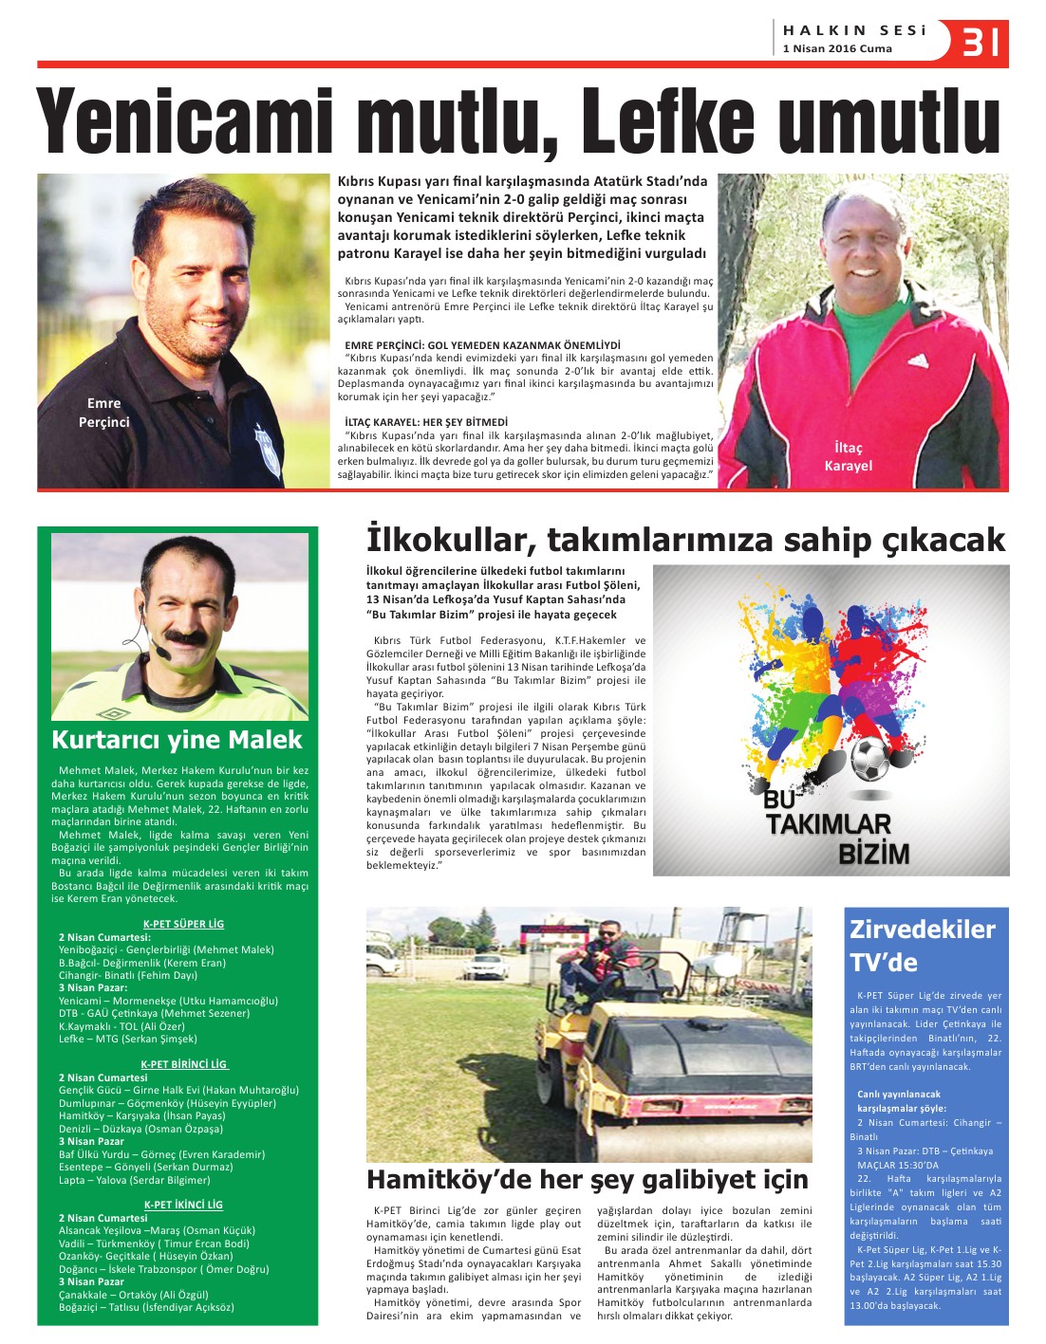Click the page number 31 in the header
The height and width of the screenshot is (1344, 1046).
pos(981,42)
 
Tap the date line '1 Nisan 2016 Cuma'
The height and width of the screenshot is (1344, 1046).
pos(837,49)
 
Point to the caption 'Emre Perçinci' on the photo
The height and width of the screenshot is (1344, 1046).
pos(103,413)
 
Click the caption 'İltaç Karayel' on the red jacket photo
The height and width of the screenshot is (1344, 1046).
pos(848,456)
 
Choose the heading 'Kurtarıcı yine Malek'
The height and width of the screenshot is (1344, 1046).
pos(177,740)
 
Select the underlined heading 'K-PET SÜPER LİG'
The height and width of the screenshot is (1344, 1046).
pos(183,924)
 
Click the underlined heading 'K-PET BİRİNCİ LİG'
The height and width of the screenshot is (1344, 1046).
pos(184,1064)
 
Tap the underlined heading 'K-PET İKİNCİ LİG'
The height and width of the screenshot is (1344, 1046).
pos(183,1205)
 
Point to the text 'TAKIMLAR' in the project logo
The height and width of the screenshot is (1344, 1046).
pos(828,825)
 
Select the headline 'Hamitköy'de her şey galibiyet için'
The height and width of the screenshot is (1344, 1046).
pos(588,1180)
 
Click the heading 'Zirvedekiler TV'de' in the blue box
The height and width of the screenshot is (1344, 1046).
pos(922,946)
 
